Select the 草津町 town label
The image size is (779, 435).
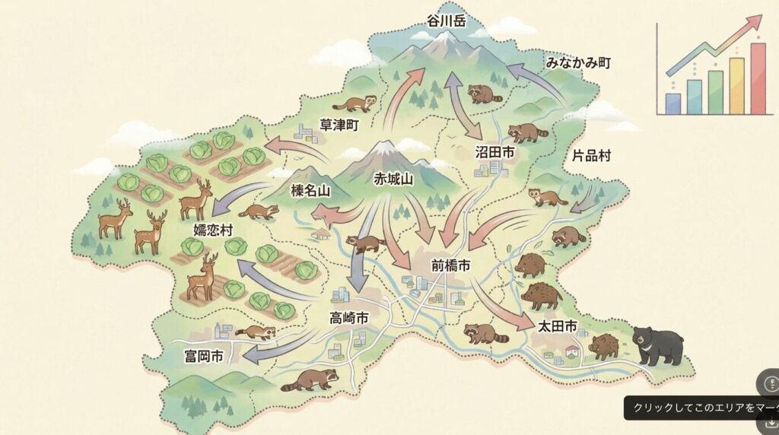click(x=339, y=123)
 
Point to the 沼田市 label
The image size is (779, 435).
click(x=495, y=153)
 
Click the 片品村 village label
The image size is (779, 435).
click(x=592, y=157)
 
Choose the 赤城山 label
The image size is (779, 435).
click(x=393, y=179)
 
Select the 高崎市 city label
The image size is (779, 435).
click(x=348, y=317)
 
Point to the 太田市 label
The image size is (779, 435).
click(x=558, y=327)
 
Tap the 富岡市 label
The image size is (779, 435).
click(x=204, y=356)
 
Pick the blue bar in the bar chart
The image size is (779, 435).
click(x=673, y=103)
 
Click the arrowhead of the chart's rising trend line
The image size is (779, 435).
click(x=755, y=21)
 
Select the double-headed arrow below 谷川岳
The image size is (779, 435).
click(x=464, y=105)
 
